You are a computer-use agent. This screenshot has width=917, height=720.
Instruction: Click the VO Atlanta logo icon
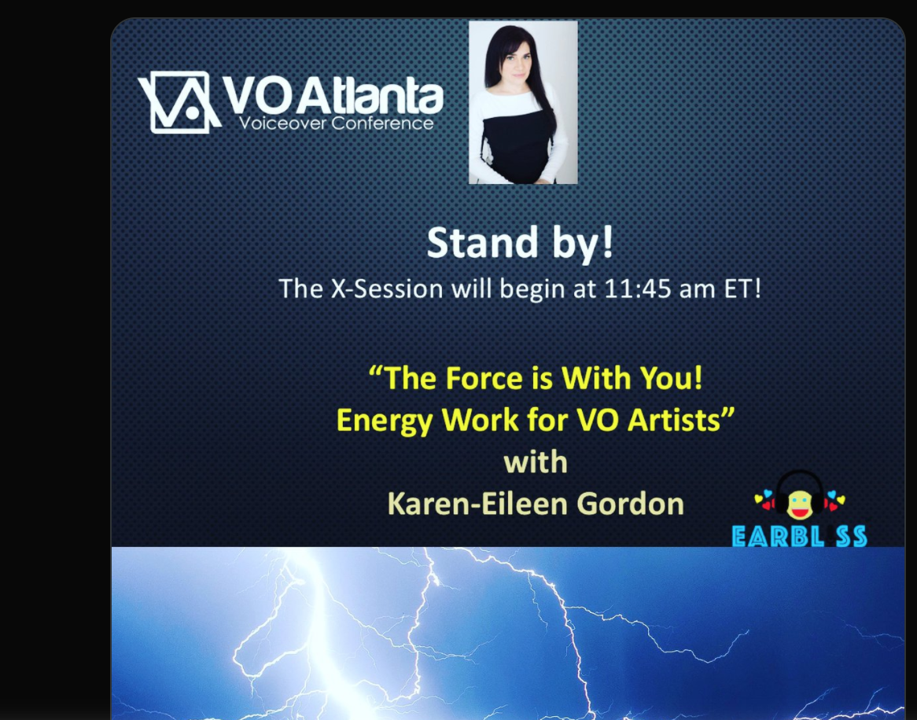click(179, 101)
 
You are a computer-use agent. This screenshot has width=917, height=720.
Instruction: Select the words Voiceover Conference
click(337, 123)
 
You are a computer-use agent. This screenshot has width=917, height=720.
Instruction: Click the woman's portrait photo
click(523, 102)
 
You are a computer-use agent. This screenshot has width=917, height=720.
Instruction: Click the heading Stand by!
click(520, 243)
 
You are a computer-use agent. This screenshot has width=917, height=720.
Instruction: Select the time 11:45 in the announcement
click(638, 288)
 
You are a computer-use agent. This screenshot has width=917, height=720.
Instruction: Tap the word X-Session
click(387, 288)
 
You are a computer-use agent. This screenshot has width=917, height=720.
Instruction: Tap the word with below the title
click(535, 461)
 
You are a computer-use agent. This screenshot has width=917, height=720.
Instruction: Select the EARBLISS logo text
click(799, 536)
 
